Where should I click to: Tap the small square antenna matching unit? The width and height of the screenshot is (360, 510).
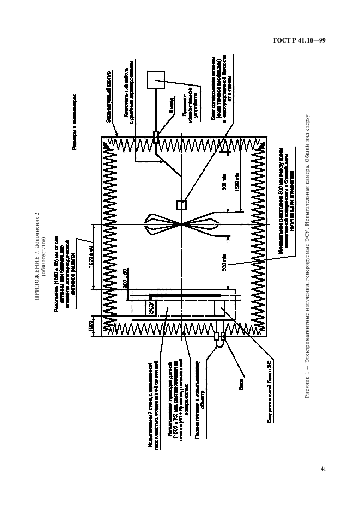pyautogui.click(x=181, y=205)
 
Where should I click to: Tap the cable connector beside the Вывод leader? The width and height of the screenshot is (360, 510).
pyautogui.click(x=155, y=137)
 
